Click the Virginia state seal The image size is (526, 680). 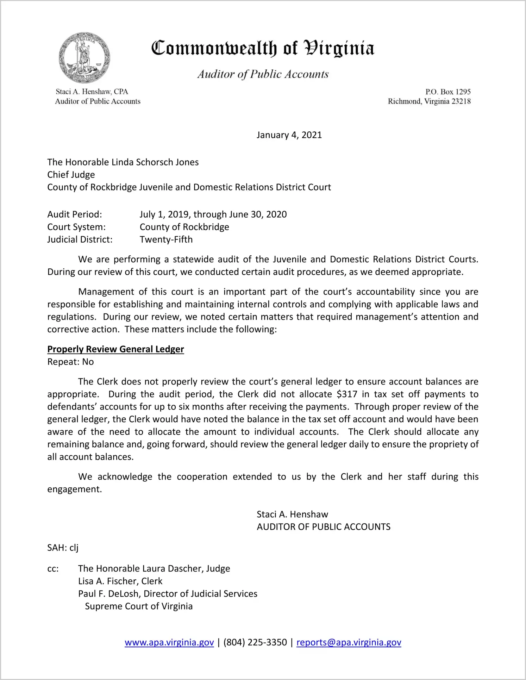pos(84,57)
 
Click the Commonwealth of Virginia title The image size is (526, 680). pos(263,49)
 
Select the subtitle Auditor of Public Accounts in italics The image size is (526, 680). pos(263,74)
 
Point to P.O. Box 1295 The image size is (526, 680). pos(447,92)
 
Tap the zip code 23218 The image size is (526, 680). pos(461,101)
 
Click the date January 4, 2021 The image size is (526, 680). pos(289,135)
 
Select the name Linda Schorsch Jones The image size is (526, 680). pos(155,162)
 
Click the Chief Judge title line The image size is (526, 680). pos(71,175)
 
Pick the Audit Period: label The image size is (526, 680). pos(75,214)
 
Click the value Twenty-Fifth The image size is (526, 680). pos(166,240)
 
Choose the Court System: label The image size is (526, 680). pos(76,227)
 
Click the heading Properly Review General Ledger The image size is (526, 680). pos(115,349)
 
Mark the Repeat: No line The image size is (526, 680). pos(70,362)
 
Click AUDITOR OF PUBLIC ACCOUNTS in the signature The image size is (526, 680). pos(324,527)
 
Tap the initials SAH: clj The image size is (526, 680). pos(63,548)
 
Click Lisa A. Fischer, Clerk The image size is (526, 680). pos(120,581)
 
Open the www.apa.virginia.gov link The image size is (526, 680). pos(169,643)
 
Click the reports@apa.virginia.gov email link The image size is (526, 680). pos(349,643)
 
